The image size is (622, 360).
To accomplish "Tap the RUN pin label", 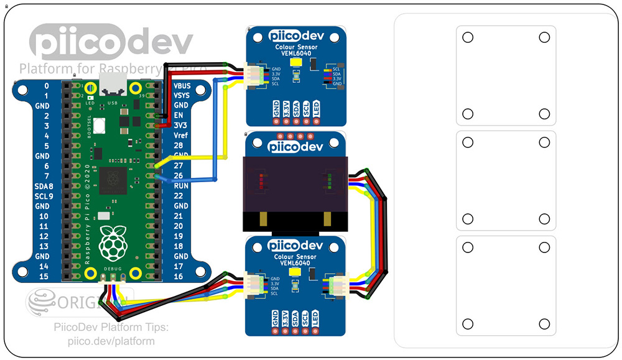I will [x=181, y=186].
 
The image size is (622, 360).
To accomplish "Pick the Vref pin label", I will [x=181, y=136].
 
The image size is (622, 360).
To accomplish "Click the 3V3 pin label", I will [x=181, y=126].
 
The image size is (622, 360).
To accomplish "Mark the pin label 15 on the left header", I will [x=43, y=276].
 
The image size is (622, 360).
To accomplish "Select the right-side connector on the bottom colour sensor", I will [x=340, y=286].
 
